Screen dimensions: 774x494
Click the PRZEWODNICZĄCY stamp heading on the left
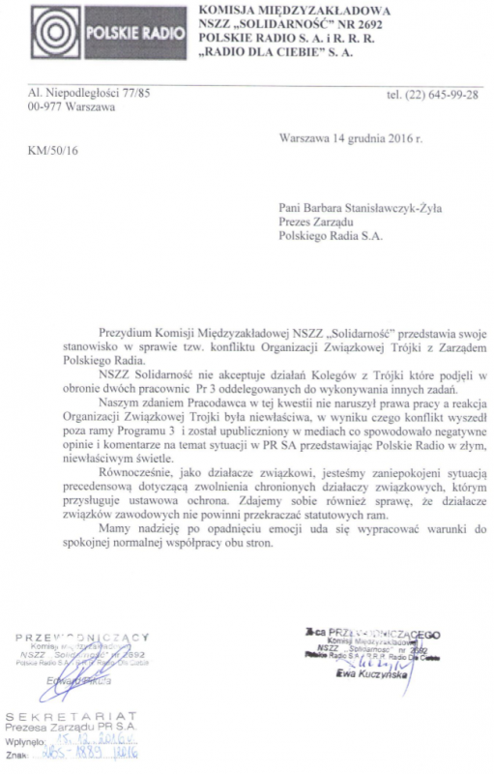point(82,636)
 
